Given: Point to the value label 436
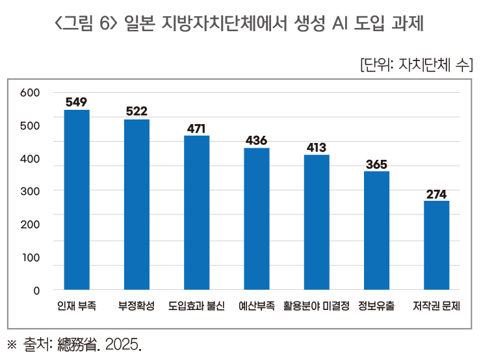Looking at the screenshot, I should pos(256,140).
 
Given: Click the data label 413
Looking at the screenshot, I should pos(316,148).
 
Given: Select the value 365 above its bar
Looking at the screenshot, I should pos(376,164).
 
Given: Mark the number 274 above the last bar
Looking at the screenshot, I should pos(436,194).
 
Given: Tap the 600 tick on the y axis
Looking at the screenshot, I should pos(30,93).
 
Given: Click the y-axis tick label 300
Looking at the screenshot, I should pos(30,191).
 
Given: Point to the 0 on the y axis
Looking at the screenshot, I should pos(36,290).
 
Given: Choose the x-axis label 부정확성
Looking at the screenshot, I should pos(136,306).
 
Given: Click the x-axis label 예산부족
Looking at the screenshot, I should pos(256,306).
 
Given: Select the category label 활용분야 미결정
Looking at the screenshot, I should pos(317,306).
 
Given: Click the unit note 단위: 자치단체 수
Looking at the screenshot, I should pos(416,65).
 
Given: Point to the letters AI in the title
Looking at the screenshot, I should pos(343,25).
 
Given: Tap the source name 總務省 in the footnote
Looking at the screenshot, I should pos(82,343).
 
